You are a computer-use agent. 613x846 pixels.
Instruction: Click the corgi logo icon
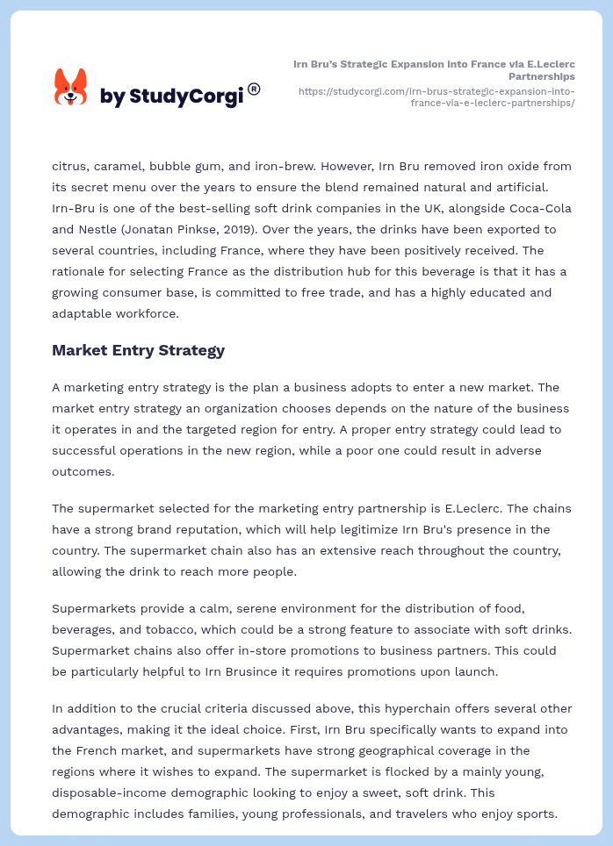(71, 88)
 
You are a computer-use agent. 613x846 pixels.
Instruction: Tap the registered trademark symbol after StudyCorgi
(254, 89)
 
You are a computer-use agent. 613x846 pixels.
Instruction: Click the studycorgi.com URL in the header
(436, 97)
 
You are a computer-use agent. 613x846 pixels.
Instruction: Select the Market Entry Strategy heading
(138, 350)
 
